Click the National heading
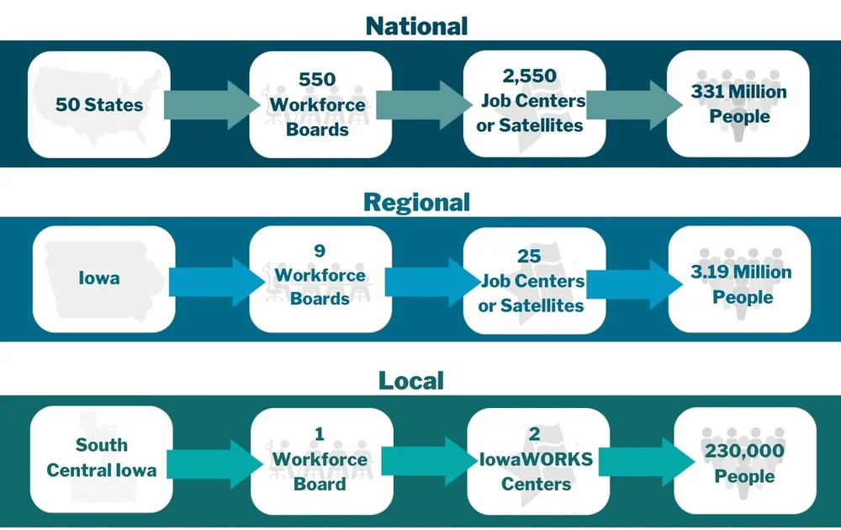416,25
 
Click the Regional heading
416,203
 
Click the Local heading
411,380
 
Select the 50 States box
99,105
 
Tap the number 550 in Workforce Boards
317,80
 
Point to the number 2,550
530,77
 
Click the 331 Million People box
738,103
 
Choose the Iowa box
99,278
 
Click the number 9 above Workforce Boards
319,252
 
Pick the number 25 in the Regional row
530,256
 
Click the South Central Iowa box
101,458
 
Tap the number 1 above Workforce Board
319,434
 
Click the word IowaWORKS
536,459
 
